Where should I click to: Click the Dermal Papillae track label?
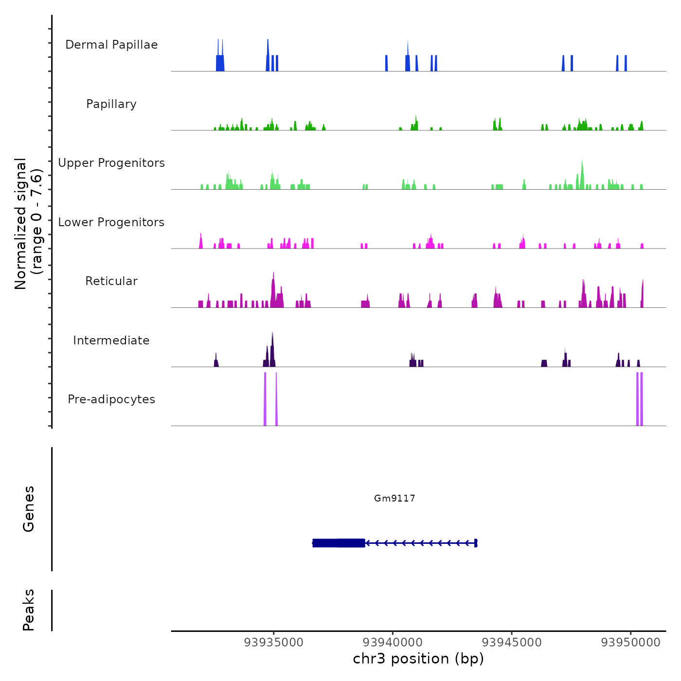(x=111, y=45)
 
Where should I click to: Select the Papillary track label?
(x=111, y=104)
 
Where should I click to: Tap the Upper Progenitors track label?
(x=111, y=163)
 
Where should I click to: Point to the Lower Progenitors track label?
(x=111, y=222)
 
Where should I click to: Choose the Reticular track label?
(x=111, y=281)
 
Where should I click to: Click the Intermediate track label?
(x=111, y=340)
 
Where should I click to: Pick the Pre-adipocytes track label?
(x=111, y=399)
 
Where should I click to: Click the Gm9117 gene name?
(x=394, y=498)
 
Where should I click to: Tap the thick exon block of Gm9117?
(x=339, y=543)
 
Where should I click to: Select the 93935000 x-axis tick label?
(x=274, y=643)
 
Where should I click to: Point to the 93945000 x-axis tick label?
(x=512, y=643)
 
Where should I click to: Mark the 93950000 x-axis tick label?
(x=631, y=643)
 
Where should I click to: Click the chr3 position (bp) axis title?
(x=418, y=659)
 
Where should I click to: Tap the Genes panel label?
(x=29, y=509)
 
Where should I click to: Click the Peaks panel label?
(x=29, y=610)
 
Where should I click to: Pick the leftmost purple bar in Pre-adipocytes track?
(x=265, y=399)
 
